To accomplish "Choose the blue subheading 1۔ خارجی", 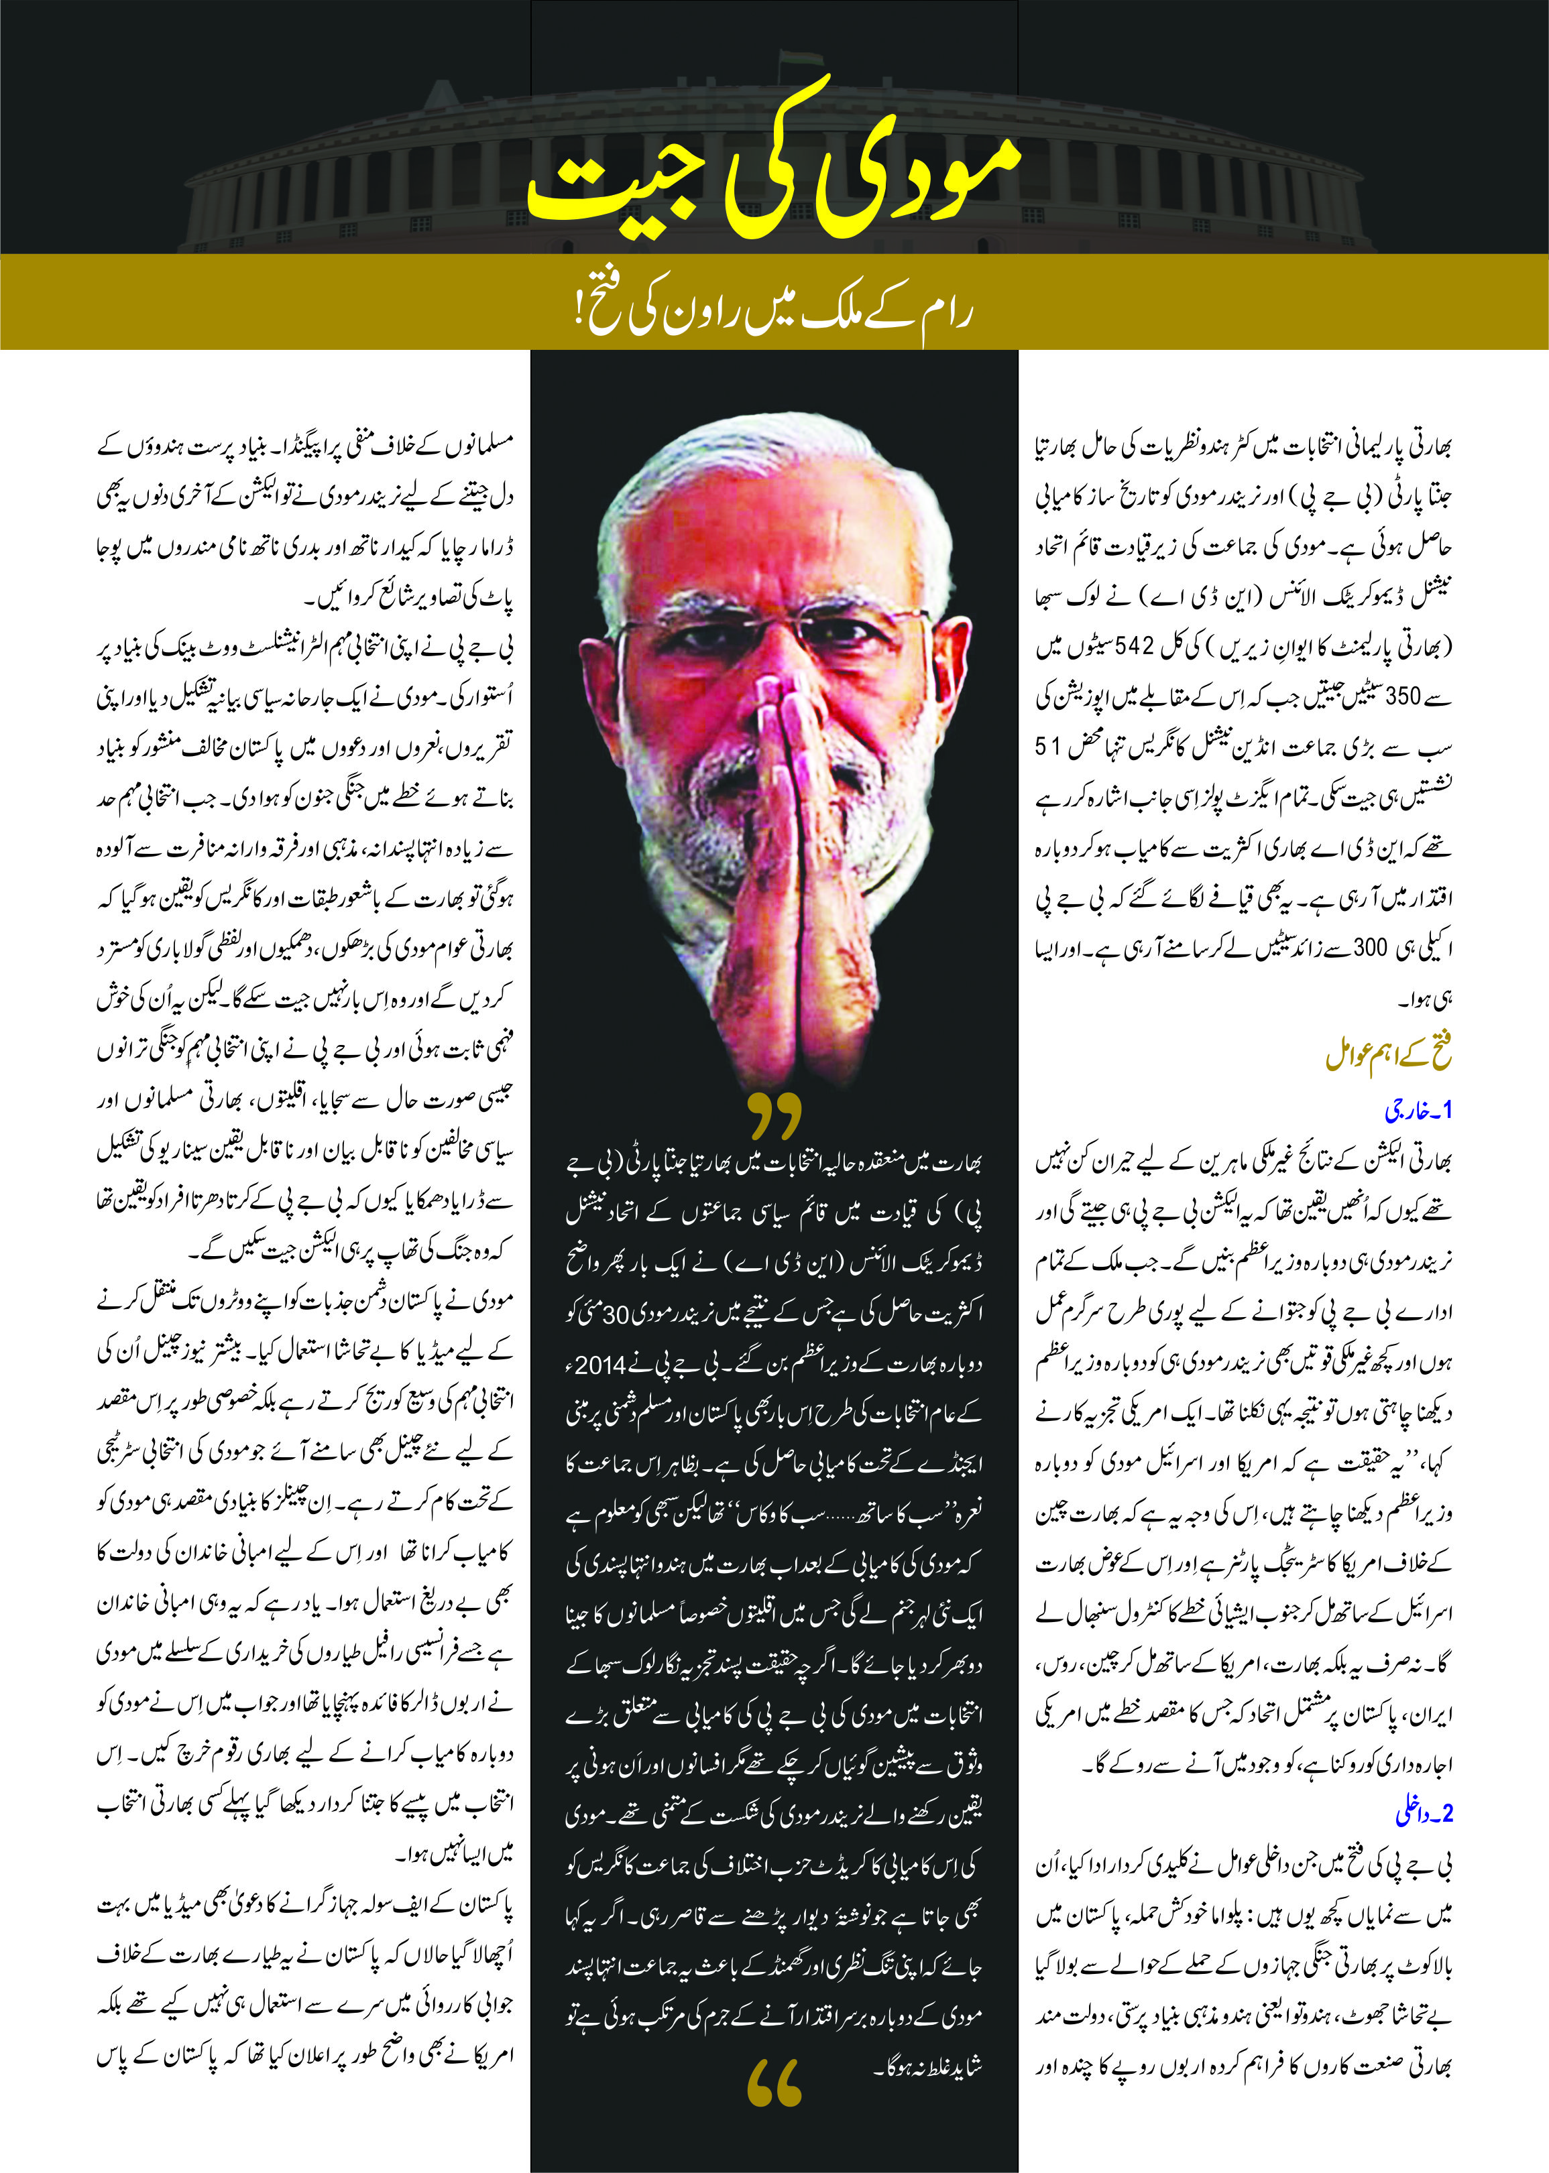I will pos(1418,1111).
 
